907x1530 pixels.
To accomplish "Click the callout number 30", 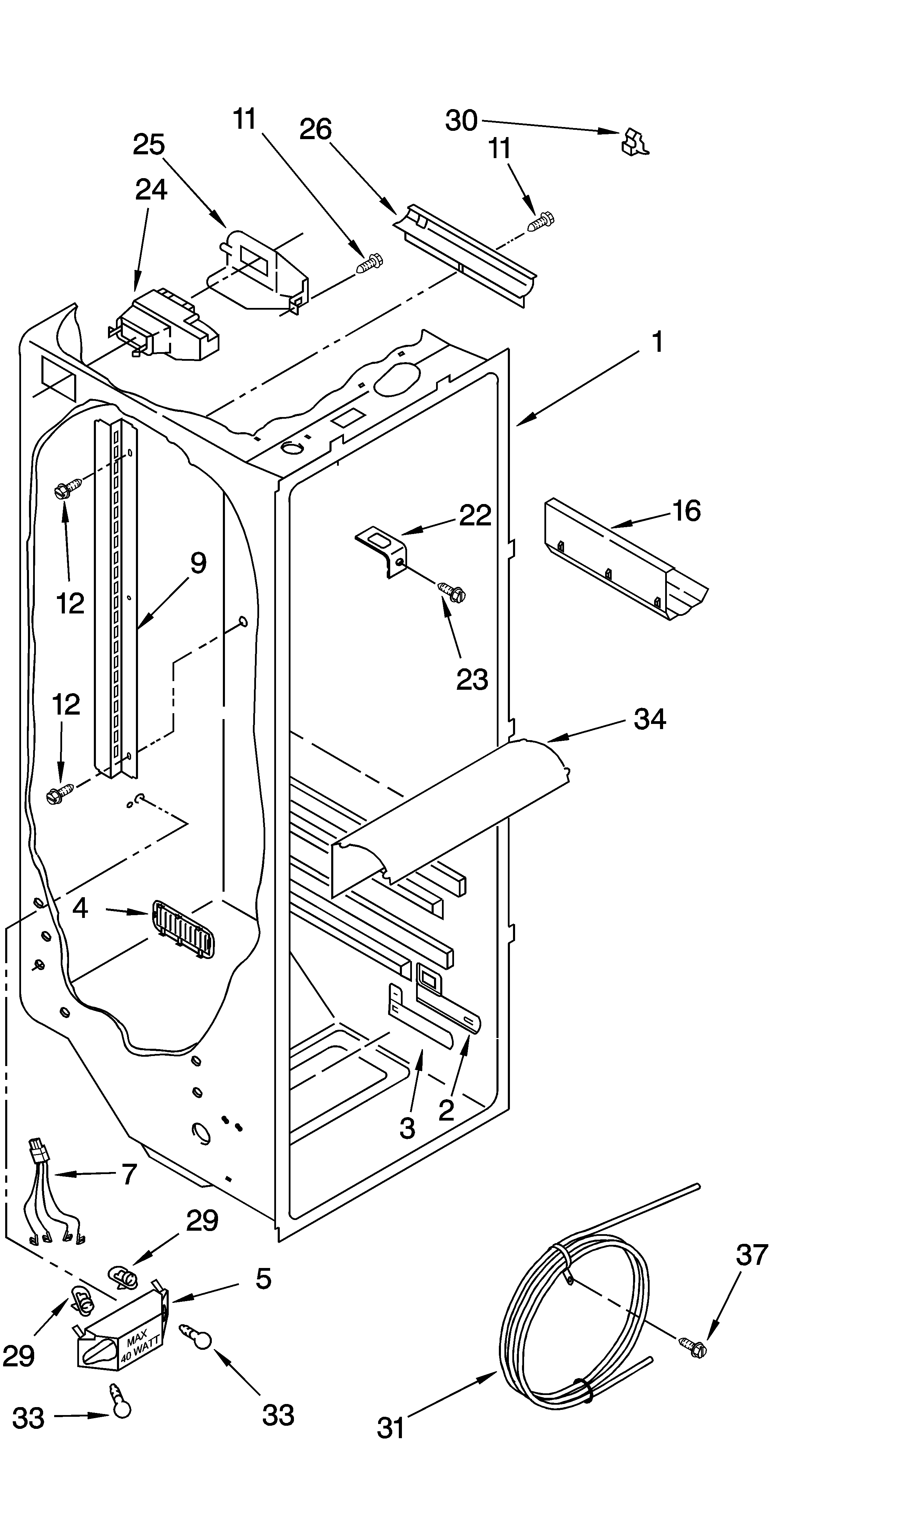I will pos(461,120).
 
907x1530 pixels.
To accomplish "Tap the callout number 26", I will pos(315,130).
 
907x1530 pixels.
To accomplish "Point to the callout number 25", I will pos(149,145).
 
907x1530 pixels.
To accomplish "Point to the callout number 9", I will pos(198,563).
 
